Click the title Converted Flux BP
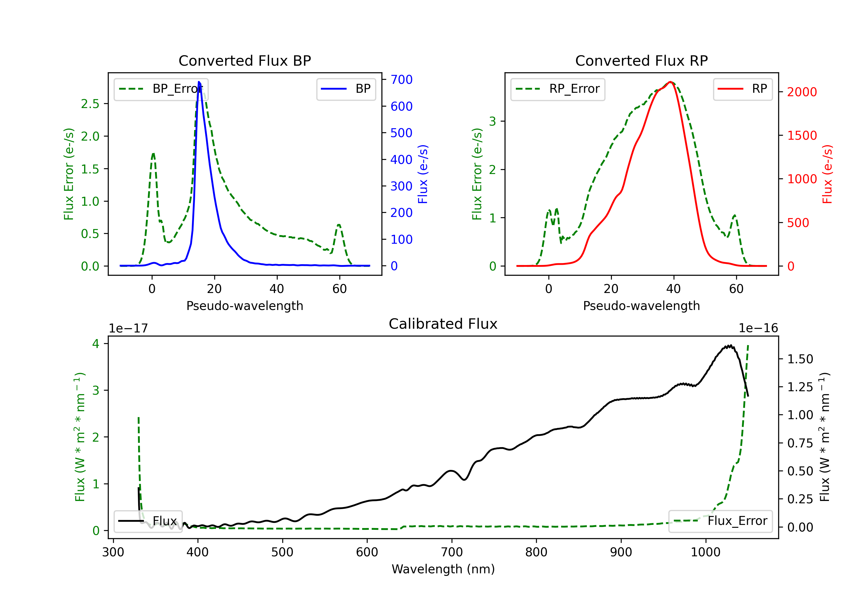pos(245,60)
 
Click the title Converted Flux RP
pos(641,60)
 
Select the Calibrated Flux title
pos(443,324)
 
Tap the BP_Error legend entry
pos(161,89)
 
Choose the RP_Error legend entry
pos(558,89)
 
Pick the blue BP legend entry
pos(346,89)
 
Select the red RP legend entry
pos(742,89)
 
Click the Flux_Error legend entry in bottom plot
pos(720,521)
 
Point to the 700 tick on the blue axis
pos(401,80)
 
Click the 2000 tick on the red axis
pos(802,92)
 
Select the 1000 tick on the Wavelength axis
pos(705,552)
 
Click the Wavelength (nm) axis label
pos(443,569)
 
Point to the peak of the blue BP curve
pos(199,82)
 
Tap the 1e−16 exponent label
pos(758,328)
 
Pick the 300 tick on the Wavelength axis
pos(113,552)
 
